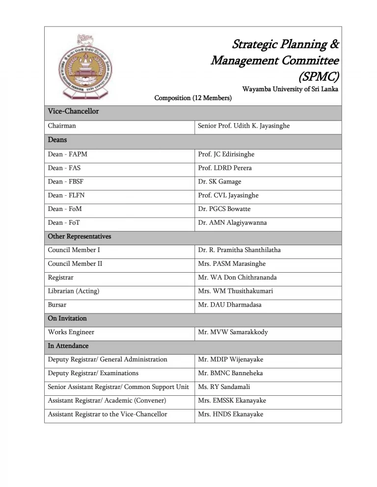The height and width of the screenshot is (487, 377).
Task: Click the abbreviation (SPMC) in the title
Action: click(x=319, y=77)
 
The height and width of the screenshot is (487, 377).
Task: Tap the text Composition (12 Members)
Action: click(x=193, y=98)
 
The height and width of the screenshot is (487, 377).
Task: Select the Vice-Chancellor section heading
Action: click(x=73, y=111)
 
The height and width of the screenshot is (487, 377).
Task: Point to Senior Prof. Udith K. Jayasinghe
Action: click(x=243, y=126)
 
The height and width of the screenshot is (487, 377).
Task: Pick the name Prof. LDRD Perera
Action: click(x=225, y=168)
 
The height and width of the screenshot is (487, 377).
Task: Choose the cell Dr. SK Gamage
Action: click(x=219, y=182)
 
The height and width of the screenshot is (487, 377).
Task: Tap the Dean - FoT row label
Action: click(x=64, y=223)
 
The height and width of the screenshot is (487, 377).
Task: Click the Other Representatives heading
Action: click(x=80, y=236)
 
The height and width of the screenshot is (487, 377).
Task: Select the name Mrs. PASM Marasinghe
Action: click(x=232, y=264)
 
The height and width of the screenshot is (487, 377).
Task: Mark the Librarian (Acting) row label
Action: click(x=73, y=291)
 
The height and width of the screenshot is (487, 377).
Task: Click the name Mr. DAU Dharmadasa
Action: click(x=230, y=305)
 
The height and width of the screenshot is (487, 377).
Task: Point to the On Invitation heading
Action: click(x=67, y=318)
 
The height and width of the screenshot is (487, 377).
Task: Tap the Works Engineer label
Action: click(x=71, y=332)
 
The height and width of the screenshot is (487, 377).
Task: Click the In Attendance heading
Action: click(x=68, y=346)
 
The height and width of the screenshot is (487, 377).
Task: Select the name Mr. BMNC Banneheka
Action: click(x=230, y=373)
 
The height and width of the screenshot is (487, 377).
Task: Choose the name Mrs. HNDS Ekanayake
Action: click(x=231, y=414)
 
